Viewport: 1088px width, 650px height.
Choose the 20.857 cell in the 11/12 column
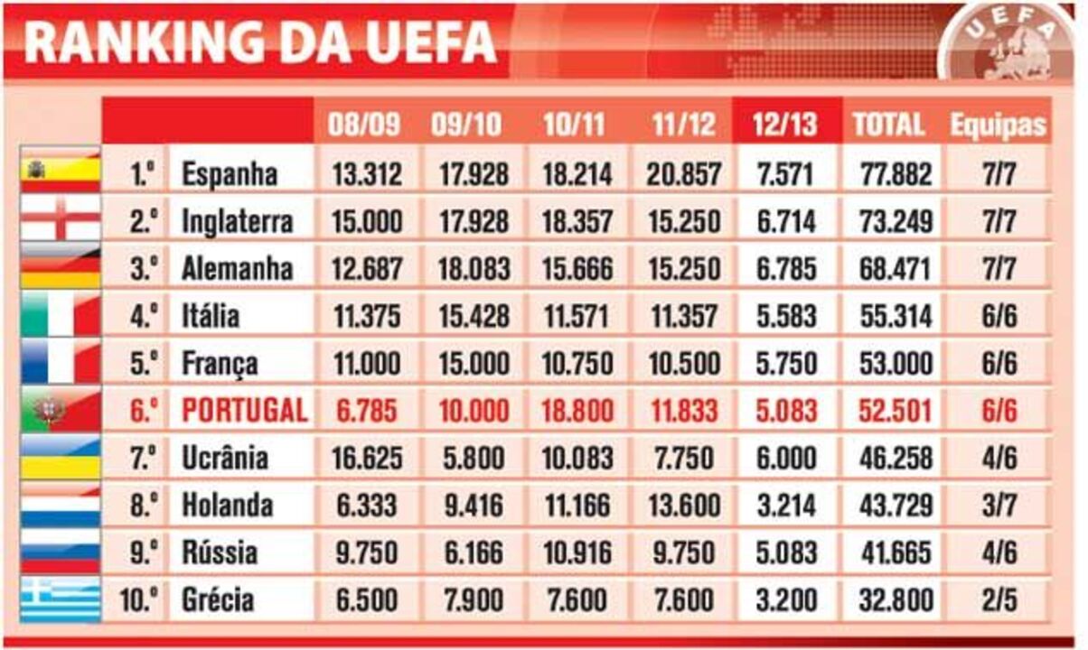[683, 173]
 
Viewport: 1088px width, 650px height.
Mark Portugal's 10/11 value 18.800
[578, 411]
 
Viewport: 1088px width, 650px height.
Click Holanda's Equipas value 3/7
[998, 506]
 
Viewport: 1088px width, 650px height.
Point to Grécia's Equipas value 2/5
[998, 599]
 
